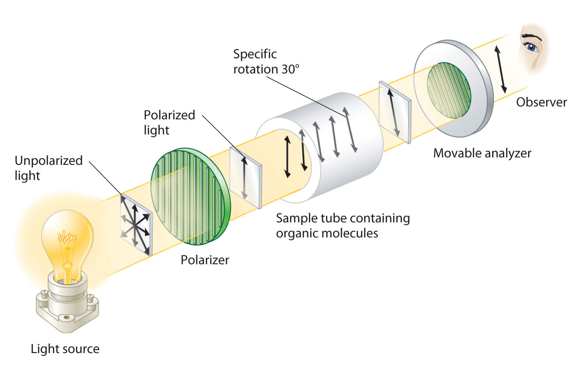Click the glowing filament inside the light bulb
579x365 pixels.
click(67, 238)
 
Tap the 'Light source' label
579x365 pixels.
click(65, 349)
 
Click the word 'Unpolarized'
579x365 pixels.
click(49, 160)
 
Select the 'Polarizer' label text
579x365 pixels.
click(205, 260)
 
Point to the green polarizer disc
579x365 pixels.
click(190, 200)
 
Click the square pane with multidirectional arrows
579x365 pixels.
click(136, 225)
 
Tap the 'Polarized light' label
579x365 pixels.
click(169, 122)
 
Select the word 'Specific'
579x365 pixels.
click(255, 54)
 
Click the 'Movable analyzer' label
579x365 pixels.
click(482, 153)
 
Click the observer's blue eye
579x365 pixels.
click(530, 47)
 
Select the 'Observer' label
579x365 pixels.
click(541, 102)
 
